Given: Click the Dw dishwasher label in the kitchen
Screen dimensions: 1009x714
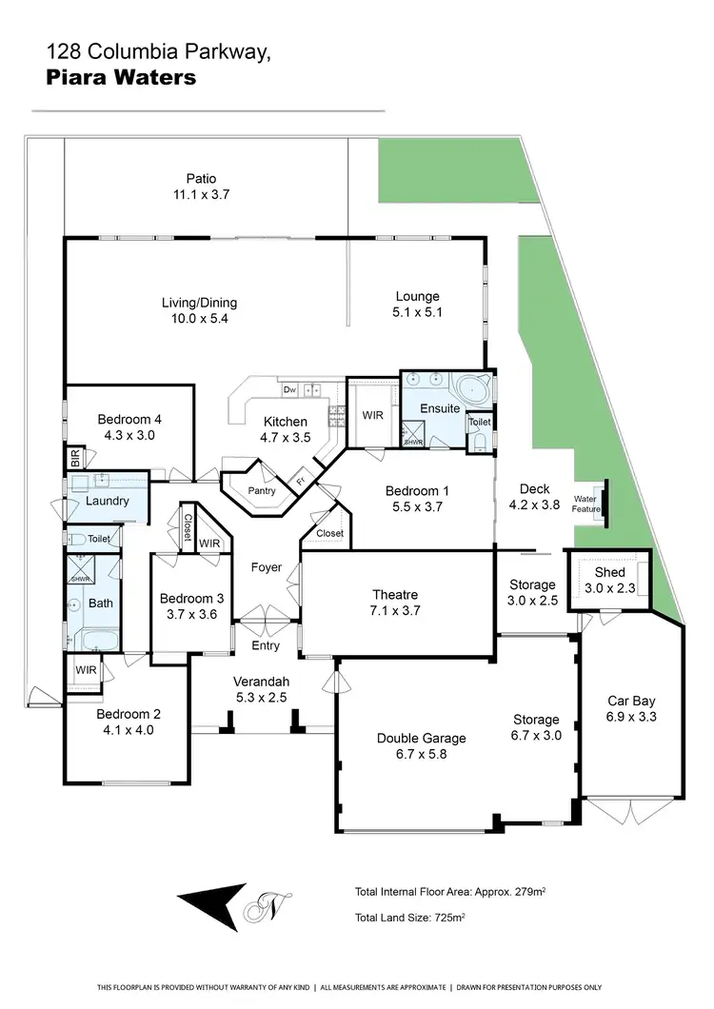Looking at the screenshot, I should tap(288, 390).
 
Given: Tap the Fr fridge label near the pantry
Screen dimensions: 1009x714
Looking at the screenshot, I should tap(299, 481).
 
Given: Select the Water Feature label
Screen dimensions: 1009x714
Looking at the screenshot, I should tap(585, 504).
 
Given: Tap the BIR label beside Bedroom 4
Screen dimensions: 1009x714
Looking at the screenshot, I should tap(75, 458).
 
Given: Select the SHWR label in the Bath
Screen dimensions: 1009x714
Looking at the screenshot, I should tap(79, 578).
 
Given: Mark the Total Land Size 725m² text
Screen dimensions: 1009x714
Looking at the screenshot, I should tap(409, 918).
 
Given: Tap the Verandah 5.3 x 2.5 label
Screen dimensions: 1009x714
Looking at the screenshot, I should tap(261, 689).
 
